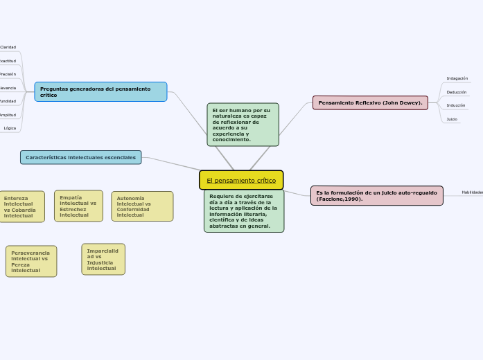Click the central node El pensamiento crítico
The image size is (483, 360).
(x=241, y=180)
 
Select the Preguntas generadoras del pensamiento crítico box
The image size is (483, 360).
(x=101, y=91)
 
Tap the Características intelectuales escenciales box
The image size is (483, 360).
(x=81, y=157)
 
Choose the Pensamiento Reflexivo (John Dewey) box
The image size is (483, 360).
(x=370, y=102)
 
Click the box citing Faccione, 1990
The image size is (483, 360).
(x=376, y=196)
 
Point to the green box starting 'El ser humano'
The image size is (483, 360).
(x=243, y=125)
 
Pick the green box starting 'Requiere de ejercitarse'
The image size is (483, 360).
(x=244, y=211)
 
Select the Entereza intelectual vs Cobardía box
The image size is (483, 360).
(x=21, y=206)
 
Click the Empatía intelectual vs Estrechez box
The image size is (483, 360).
(x=78, y=206)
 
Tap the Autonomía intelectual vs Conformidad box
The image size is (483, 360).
(x=142, y=206)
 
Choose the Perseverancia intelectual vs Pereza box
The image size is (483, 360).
(x=31, y=261)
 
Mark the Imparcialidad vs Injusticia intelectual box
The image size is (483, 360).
(x=103, y=259)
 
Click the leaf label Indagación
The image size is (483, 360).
(x=457, y=78)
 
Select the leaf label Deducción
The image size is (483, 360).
(x=456, y=91)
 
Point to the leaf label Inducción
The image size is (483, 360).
(x=455, y=105)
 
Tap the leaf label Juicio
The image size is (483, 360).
(x=451, y=119)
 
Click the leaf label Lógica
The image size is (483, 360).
(x=10, y=128)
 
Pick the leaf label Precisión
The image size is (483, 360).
(x=8, y=73)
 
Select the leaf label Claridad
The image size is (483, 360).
(x=8, y=47)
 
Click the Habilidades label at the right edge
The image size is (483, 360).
(x=473, y=192)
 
